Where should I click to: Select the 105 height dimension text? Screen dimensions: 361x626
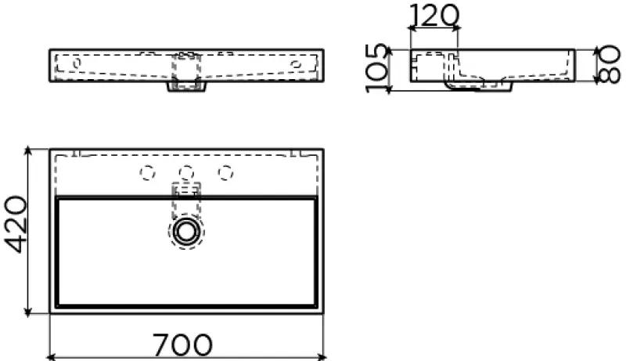coord(377,69)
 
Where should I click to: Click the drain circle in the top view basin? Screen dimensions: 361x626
coord(186,230)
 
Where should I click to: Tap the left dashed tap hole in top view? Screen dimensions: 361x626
coord(145,172)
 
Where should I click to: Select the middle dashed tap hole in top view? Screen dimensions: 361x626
coord(186,172)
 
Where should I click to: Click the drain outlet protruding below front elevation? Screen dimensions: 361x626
coord(186,87)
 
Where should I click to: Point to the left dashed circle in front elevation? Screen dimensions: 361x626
coord(77,61)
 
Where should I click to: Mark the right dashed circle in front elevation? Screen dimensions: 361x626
coord(296,61)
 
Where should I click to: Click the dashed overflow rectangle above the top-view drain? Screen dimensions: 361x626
coord(186,190)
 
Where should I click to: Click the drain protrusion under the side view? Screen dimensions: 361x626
coord(479,87)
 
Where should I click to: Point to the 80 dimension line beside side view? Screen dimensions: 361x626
coord(592,67)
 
